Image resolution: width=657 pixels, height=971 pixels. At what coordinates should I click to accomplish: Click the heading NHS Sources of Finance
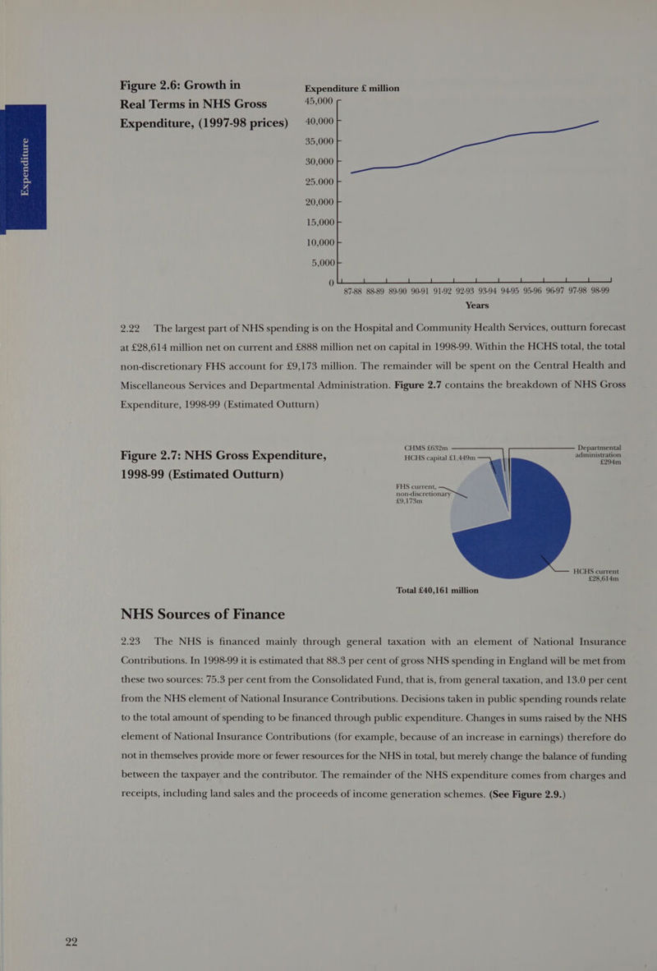[x=203, y=614]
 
